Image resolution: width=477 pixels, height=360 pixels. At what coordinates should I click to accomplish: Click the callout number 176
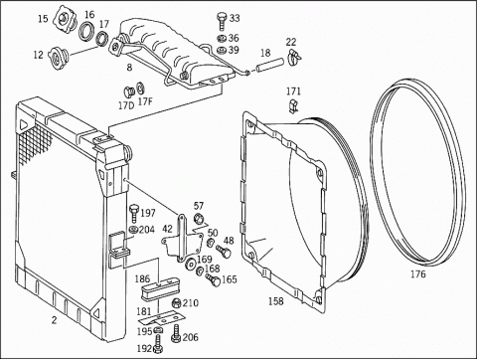[418, 274]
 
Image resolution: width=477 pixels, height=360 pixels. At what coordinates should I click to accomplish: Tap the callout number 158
[276, 301]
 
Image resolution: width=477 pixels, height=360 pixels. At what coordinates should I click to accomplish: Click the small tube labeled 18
[270, 64]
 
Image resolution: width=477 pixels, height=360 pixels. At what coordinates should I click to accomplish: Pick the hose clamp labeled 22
[293, 57]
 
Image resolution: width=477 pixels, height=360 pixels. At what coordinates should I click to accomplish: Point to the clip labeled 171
[293, 105]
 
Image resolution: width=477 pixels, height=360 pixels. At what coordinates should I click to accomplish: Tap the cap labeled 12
[58, 57]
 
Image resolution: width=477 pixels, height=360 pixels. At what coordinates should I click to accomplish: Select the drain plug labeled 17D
[128, 92]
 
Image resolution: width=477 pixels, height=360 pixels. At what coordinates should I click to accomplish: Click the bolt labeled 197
[134, 212]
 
